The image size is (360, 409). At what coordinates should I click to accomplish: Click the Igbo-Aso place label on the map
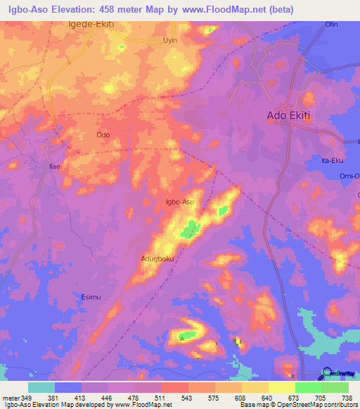coord(179,202)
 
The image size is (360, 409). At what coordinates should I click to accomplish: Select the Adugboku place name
coord(157,259)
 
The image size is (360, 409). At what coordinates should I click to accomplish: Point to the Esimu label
coord(91,296)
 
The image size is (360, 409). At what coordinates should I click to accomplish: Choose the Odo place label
coord(103,134)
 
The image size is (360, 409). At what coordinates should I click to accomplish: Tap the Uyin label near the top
coord(170,41)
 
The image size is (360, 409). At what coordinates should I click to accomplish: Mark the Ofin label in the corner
coord(330,25)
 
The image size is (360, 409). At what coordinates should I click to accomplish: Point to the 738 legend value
coord(347,397)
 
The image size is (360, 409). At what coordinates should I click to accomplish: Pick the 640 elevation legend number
coord(256,397)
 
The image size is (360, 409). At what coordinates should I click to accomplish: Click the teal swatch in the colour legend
coord(41,387)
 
